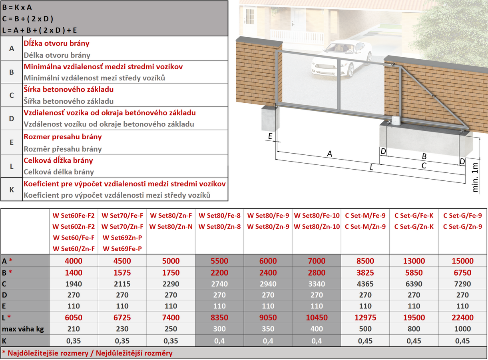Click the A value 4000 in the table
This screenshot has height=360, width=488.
click(73, 261)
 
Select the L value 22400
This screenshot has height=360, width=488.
click(462, 318)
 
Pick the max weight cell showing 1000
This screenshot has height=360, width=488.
click(462, 329)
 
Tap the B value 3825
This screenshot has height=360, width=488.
click(365, 273)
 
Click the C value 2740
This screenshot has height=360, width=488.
click(219, 284)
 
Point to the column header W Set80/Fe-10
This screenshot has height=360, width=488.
click(317, 216)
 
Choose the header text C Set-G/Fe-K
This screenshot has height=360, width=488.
click(414, 216)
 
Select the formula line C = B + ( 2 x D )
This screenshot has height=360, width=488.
click(28, 19)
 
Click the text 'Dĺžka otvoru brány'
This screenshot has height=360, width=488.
click(56, 43)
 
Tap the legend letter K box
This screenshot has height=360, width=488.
click(12, 189)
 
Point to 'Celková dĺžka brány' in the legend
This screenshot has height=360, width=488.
click(58, 160)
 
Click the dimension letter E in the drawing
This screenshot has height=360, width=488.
click(271, 136)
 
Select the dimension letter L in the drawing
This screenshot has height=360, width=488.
click(371, 168)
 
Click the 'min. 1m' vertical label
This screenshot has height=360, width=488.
click(476, 177)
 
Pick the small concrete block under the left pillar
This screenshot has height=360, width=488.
click(270, 119)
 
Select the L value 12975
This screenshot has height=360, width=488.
click(365, 318)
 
